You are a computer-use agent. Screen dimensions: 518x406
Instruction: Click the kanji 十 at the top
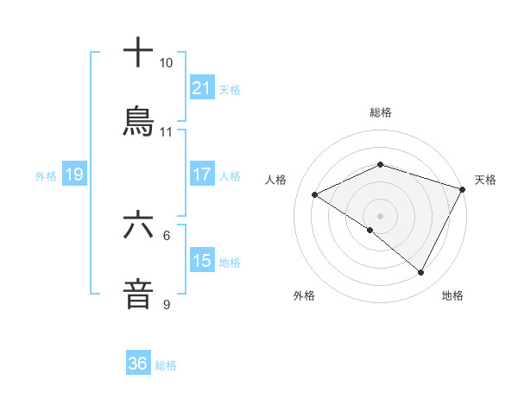(139, 53)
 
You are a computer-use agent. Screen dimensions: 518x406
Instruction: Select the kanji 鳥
(139, 121)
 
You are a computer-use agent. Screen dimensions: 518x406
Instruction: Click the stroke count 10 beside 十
(166, 63)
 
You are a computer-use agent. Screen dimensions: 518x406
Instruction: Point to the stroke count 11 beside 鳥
(166, 132)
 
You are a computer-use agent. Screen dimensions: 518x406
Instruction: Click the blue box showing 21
(202, 88)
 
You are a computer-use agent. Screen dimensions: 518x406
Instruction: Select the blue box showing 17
(202, 174)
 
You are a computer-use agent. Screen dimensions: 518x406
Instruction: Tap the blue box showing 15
(202, 261)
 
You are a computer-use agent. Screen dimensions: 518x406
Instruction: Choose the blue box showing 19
(74, 175)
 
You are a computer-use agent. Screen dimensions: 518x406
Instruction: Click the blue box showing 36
(138, 364)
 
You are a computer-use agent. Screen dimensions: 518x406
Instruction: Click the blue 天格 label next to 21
(230, 89)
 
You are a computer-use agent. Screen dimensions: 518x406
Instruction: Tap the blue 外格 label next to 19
(46, 176)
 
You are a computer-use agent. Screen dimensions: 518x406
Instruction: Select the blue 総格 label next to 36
(166, 365)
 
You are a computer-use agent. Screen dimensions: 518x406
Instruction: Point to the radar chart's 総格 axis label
(381, 112)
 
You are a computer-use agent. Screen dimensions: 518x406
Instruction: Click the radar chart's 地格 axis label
(452, 295)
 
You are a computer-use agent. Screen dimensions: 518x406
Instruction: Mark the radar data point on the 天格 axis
(464, 188)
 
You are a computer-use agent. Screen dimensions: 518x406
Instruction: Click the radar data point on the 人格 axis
(315, 194)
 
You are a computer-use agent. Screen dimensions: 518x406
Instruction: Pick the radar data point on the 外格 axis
(370, 230)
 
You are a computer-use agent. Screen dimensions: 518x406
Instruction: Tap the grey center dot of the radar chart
(381, 215)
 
